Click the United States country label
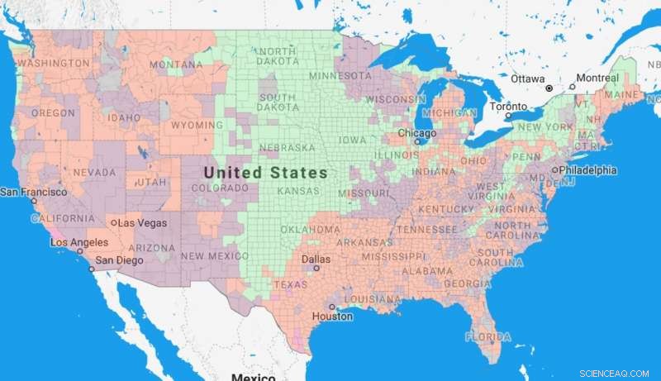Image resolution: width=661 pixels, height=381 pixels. (x=265, y=173)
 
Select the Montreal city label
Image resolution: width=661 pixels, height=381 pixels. (x=597, y=79)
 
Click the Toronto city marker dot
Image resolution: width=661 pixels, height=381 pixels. (x=508, y=116)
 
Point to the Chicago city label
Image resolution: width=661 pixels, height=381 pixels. (x=416, y=132)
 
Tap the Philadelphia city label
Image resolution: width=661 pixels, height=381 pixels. (x=588, y=170)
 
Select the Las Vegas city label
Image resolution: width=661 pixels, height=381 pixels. (x=142, y=223)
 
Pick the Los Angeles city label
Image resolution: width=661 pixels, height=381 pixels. (x=78, y=242)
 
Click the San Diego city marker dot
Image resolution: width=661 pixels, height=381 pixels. (x=92, y=269)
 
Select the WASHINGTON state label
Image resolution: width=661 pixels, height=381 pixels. (x=54, y=64)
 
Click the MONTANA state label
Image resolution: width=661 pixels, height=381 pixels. (x=176, y=64)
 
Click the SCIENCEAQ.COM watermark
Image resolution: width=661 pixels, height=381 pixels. (x=620, y=373)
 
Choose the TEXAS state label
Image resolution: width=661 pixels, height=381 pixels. (x=290, y=284)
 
